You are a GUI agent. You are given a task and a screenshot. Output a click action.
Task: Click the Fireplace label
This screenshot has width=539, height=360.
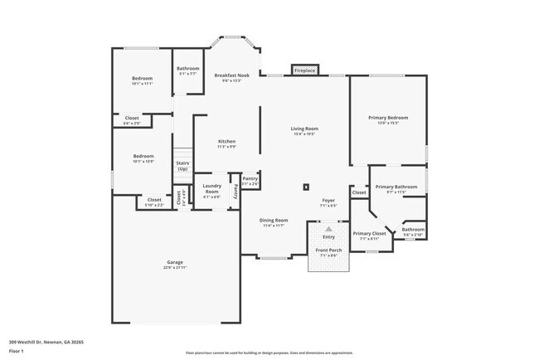click(x=304, y=71)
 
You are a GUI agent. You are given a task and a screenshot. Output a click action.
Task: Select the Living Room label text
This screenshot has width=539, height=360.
click(x=304, y=129)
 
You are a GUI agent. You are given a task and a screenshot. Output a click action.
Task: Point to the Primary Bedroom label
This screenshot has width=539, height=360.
click(x=388, y=118)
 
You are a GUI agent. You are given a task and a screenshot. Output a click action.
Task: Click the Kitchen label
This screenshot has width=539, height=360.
click(x=227, y=141)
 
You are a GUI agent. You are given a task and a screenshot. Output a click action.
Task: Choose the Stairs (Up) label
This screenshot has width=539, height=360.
click(x=182, y=165)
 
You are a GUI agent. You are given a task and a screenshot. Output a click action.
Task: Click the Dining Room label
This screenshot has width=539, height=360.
click(x=274, y=220)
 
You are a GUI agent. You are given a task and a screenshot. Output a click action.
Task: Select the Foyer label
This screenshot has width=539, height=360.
click(x=328, y=201)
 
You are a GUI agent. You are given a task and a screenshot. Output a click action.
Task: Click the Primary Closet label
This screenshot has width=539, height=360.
click(x=369, y=233)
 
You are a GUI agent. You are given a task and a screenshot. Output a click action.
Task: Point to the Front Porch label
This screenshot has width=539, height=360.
click(x=328, y=250)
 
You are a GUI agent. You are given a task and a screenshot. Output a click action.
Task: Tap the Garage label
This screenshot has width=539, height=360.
click(x=174, y=262)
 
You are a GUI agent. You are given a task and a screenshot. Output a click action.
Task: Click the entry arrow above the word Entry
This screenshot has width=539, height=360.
click(x=328, y=228)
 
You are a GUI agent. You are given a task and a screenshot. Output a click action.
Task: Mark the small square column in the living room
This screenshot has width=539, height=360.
click(x=307, y=186)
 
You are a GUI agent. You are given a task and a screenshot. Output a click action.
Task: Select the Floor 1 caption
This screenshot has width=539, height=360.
click(x=17, y=351)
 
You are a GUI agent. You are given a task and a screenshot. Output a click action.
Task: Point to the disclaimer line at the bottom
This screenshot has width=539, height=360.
click(x=269, y=352)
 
